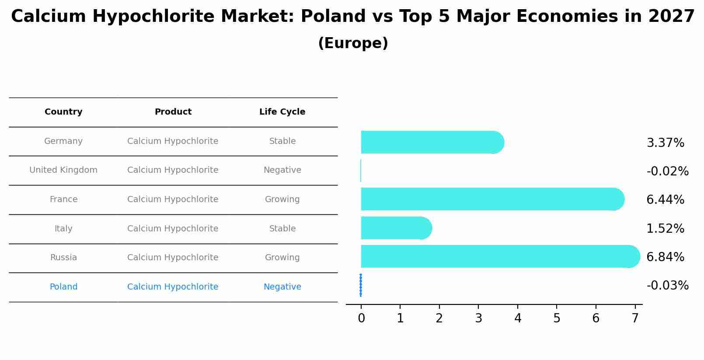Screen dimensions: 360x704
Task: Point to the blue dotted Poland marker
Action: click(x=361, y=285)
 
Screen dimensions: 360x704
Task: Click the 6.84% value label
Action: click(x=665, y=257)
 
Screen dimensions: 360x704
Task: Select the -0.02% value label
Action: click(x=667, y=171)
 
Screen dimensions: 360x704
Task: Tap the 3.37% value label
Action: click(x=665, y=143)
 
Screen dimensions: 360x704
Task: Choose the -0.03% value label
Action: click(x=667, y=286)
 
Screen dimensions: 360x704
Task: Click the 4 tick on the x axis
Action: click(x=518, y=318)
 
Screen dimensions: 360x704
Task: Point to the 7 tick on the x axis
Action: click(x=635, y=318)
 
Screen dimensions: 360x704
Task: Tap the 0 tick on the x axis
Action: click(x=361, y=318)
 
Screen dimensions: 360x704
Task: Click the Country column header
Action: click(x=63, y=112)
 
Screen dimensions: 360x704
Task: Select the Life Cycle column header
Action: click(x=282, y=112)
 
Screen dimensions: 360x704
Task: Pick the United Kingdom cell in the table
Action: click(x=63, y=170)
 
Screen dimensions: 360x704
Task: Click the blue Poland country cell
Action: click(x=63, y=287)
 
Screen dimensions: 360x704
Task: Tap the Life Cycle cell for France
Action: click(x=282, y=199)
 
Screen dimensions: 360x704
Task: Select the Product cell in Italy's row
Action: click(x=173, y=229)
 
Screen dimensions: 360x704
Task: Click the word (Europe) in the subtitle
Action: click(x=353, y=43)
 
